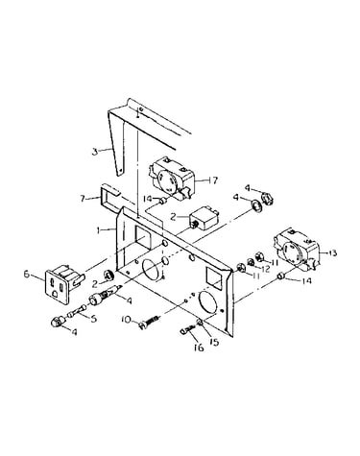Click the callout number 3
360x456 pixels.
pyautogui.click(x=94, y=152)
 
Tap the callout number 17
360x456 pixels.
pyautogui.click(x=213, y=180)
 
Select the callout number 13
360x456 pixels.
pyautogui.click(x=332, y=252)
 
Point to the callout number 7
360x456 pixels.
pyautogui.click(x=84, y=199)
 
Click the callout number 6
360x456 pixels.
pyautogui.click(x=27, y=275)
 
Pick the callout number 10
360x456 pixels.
pyautogui.click(x=126, y=319)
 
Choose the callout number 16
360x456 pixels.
pyautogui.click(x=199, y=348)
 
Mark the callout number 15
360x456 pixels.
pyautogui.click(x=214, y=342)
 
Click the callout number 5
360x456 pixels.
pyautogui.click(x=93, y=319)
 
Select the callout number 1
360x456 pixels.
pyautogui.click(x=100, y=229)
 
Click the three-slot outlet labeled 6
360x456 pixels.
pyautogui.click(x=63, y=284)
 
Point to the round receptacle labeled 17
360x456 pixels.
pyautogui.click(x=170, y=178)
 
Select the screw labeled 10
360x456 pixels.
pyautogui.click(x=150, y=322)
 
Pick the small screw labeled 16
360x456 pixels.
pyautogui.click(x=189, y=329)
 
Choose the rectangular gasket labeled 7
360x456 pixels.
pyautogui.click(x=110, y=197)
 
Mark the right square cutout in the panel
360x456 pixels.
pyautogui.click(x=213, y=277)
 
